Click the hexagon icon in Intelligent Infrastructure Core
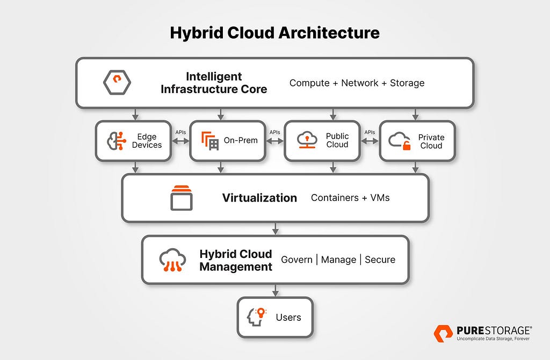coord(117,82)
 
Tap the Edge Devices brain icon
coord(117,141)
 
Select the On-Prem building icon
coord(210,141)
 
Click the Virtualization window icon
coord(182,198)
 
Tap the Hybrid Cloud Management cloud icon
coord(172,260)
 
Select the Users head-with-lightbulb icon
coord(257,317)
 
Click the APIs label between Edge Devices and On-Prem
coord(180,132)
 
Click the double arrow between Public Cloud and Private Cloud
coord(370,141)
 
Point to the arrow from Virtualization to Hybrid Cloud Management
coord(276,229)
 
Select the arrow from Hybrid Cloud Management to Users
coord(276,291)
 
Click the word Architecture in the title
coord(329,33)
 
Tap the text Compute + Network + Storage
coord(357,83)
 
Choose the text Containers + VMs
coord(350,198)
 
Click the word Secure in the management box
coord(380,260)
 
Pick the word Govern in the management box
coord(296,260)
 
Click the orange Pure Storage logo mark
coord(443,333)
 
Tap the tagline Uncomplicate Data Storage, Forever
coord(493,339)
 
